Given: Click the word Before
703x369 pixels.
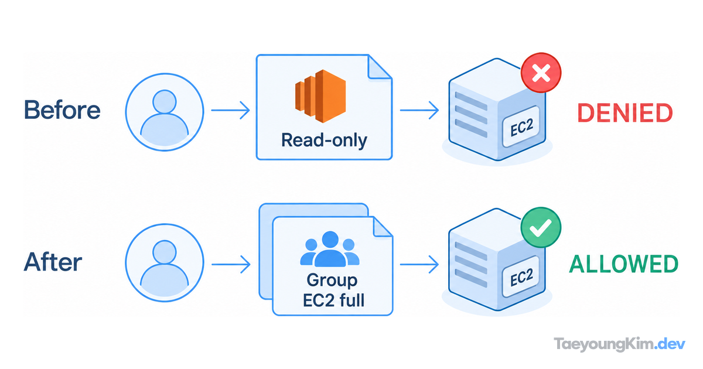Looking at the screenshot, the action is pos(62,110).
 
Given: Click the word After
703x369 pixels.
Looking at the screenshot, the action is pos(53,262).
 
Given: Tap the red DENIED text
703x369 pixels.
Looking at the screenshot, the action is pos(625,112).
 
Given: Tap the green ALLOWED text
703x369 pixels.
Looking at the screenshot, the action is pos(623,264).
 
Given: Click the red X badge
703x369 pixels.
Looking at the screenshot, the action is pos(541,73).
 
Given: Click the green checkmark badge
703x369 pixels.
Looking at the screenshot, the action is pos(541,227).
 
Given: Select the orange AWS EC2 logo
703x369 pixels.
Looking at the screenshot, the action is pos(320,96).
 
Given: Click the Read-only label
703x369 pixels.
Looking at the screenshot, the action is pos(324,140).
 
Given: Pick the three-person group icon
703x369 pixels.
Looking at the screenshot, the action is pos(330,249).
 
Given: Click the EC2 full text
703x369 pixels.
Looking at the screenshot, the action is pos(333,300).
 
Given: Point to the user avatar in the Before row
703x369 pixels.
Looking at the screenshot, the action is pos(165,112).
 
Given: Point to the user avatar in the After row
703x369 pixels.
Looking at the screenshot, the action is pos(165,262).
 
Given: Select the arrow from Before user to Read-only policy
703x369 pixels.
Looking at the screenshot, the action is pos(230,110).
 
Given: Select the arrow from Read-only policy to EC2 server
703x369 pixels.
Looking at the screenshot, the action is pos(419,110).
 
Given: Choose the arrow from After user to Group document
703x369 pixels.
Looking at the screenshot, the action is pos(231,264).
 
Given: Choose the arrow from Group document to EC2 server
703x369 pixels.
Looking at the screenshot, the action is pos(419,264).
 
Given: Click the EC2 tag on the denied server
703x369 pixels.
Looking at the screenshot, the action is pos(521,127).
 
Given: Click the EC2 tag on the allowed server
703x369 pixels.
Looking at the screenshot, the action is pos(521,276).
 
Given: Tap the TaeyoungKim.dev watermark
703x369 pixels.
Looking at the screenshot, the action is pos(620,344).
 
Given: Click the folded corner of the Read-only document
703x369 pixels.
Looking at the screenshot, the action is pos(379,67).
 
